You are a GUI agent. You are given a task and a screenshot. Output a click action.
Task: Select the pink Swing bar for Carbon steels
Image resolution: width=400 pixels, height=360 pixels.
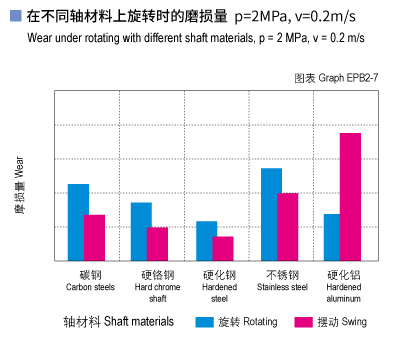click(x=95, y=237)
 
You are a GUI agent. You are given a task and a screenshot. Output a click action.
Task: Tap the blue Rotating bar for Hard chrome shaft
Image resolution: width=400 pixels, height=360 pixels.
click(x=142, y=231)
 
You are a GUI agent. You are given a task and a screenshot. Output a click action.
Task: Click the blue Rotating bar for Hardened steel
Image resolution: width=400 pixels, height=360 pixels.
click(x=206, y=240)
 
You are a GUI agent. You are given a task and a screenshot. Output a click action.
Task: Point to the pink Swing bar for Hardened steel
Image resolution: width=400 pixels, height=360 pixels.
click(x=223, y=248)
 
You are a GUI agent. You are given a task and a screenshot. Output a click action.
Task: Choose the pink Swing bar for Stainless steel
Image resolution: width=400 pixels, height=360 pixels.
click(x=288, y=226)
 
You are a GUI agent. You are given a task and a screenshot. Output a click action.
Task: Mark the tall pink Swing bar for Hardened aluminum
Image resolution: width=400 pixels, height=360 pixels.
click(x=350, y=196)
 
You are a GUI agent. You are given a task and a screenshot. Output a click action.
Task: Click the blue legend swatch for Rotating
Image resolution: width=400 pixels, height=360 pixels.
click(x=205, y=322)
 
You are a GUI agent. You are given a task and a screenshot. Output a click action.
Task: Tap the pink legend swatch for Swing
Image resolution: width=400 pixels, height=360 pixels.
click(x=304, y=322)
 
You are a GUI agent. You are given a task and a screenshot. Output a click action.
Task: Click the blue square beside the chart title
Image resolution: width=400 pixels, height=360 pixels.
click(x=14, y=17)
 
